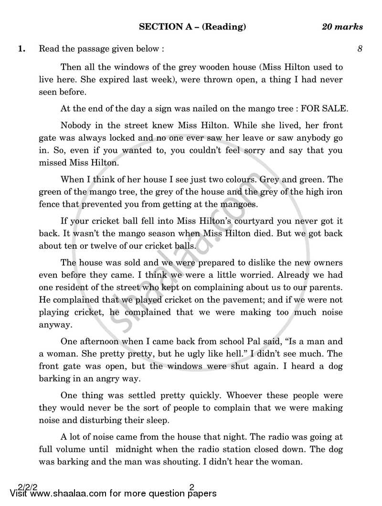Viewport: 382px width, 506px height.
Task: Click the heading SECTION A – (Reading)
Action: tap(192, 27)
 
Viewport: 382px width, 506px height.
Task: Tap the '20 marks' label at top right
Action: tap(342, 27)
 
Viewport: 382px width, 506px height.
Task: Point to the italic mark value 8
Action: tap(360, 49)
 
